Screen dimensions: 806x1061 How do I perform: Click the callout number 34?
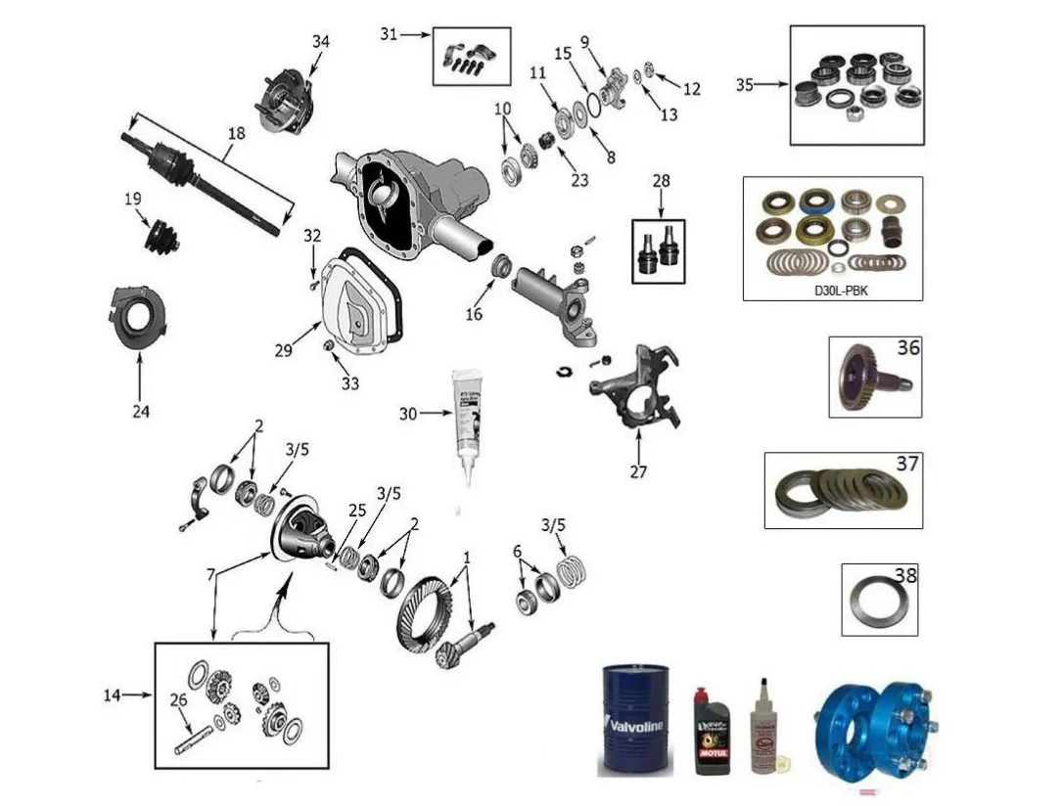click(x=321, y=41)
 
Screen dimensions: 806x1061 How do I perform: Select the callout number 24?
click(x=141, y=412)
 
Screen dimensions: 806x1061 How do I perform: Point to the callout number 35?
click(x=746, y=85)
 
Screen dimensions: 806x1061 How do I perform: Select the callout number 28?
click(x=662, y=181)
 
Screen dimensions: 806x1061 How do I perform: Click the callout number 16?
click(x=474, y=315)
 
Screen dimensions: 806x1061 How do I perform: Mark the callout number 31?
click(x=390, y=33)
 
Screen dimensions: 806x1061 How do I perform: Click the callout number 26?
click(x=177, y=699)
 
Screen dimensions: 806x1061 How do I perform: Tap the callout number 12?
click(x=692, y=89)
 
